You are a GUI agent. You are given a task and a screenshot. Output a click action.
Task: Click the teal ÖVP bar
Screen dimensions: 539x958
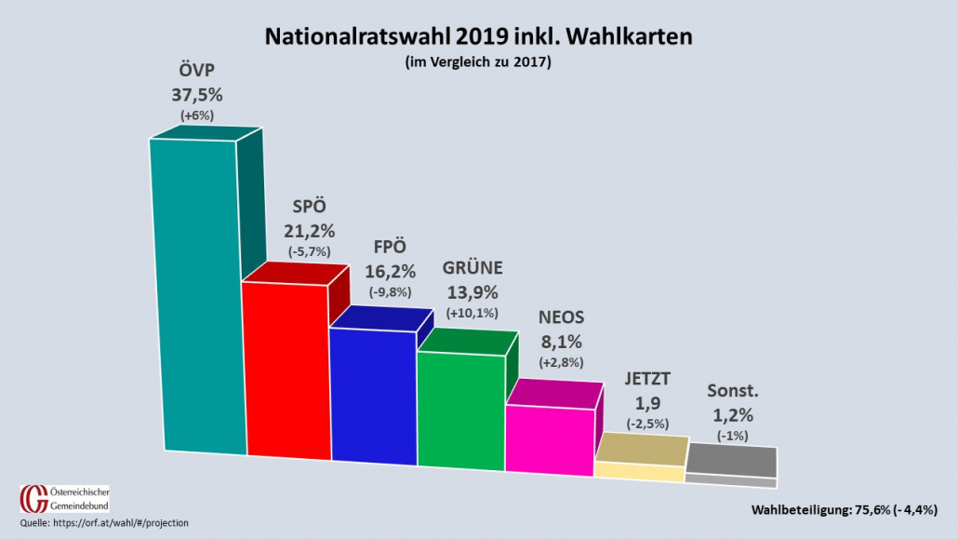click(197, 298)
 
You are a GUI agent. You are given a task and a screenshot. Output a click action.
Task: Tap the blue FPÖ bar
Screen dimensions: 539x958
click(374, 396)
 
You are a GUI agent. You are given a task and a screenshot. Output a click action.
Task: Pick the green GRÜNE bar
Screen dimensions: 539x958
click(460, 410)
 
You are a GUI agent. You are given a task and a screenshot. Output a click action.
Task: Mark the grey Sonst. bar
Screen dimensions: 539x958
click(731, 465)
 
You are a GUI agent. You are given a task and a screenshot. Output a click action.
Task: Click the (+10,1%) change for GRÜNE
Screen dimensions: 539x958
click(472, 312)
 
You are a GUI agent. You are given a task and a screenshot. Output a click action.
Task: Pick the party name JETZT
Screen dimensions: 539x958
click(648, 379)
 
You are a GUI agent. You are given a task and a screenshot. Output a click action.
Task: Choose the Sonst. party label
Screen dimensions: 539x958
click(732, 390)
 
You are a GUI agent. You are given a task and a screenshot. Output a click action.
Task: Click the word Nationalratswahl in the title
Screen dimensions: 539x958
click(357, 36)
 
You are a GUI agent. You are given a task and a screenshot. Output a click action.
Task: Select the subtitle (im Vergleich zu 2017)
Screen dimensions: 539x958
click(478, 62)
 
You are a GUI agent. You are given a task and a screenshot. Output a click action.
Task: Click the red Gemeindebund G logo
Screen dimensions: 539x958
click(31, 498)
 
